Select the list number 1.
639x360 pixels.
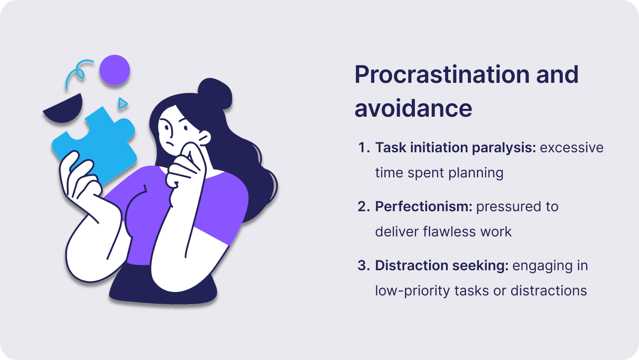point(364,147)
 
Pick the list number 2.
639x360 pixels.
point(364,206)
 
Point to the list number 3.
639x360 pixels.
point(364,265)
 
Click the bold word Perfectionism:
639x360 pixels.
point(424,206)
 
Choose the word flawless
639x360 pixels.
point(449,231)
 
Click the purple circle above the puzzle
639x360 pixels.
point(115,70)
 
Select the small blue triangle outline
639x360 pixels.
point(123,103)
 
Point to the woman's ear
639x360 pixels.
point(204,137)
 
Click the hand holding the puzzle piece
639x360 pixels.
point(80,180)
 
